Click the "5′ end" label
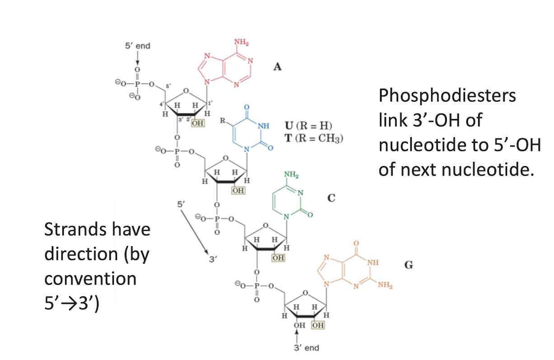tap(137, 46)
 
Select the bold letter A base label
tap(277, 67)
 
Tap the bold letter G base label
tap(408, 265)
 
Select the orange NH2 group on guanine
tap(385, 285)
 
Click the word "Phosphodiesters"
tap(447, 96)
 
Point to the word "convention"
tap(90, 278)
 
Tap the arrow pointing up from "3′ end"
tap(296, 336)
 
